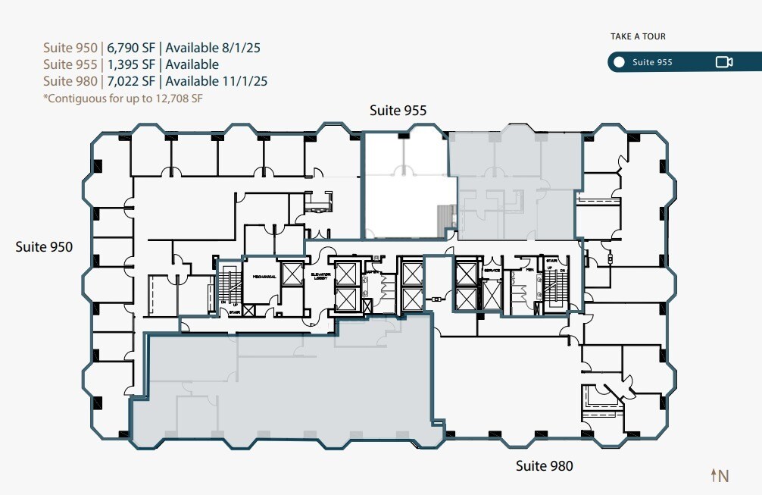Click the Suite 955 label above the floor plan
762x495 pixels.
[x=398, y=111]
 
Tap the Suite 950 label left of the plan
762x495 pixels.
[x=44, y=246]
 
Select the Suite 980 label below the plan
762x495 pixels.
[x=544, y=465]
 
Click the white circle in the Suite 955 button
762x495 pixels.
[x=620, y=62]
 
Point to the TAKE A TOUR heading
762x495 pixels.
[x=638, y=36]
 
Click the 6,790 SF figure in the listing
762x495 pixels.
[x=130, y=48]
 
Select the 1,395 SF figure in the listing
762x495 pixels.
[x=130, y=64]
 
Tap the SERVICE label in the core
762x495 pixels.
[x=492, y=271]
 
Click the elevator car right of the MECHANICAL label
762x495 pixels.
[x=291, y=272]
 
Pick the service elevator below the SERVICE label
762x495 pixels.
[x=492, y=295]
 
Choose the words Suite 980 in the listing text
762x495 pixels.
[x=70, y=81]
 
